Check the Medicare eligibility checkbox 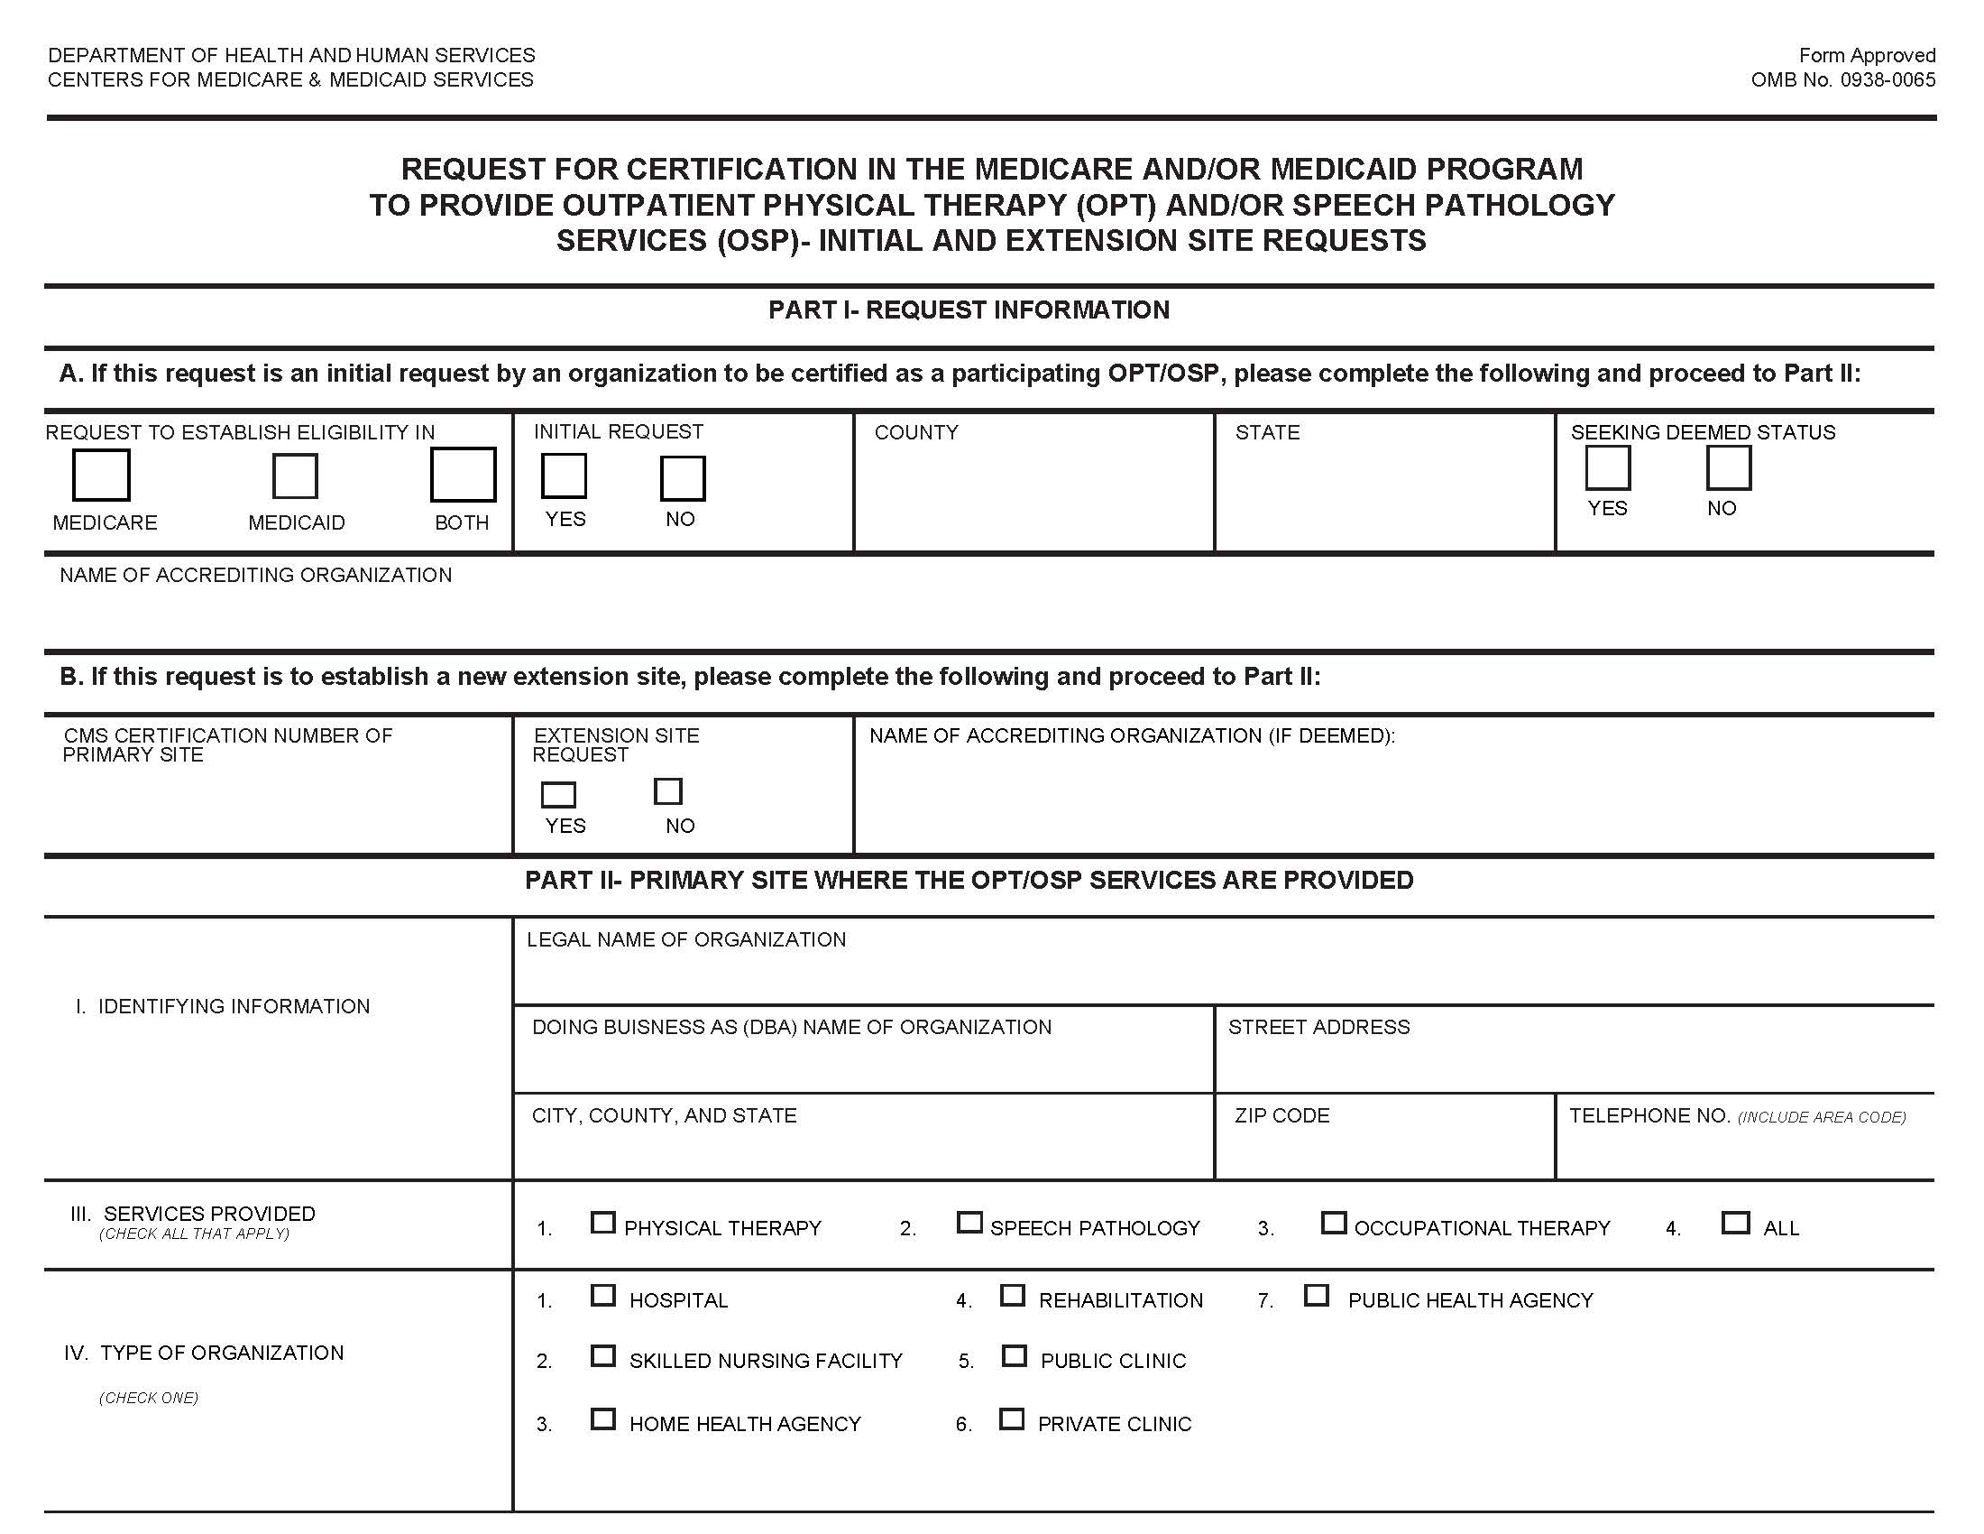pyautogui.click(x=101, y=475)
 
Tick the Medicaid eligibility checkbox pyautogui.click(x=295, y=476)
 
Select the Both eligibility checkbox pyautogui.click(x=463, y=475)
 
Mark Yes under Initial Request pyautogui.click(x=565, y=476)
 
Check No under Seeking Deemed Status pyautogui.click(x=1728, y=468)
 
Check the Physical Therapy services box pyautogui.click(x=602, y=1223)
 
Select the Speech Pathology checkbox pyautogui.click(x=969, y=1223)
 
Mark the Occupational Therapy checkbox pyautogui.click(x=1333, y=1223)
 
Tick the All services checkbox pyautogui.click(x=1735, y=1223)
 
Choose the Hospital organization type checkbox pyautogui.click(x=603, y=1295)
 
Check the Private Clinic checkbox pyautogui.click(x=1011, y=1418)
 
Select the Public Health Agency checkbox pyautogui.click(x=1317, y=1295)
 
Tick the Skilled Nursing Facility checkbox pyautogui.click(x=603, y=1356)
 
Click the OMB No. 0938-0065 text pyautogui.click(x=1842, y=80)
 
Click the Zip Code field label pyautogui.click(x=1281, y=1115)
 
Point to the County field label pyautogui.click(x=915, y=432)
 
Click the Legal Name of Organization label pyautogui.click(x=686, y=939)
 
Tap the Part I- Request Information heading pyautogui.click(x=969, y=310)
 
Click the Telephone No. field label pyautogui.click(x=1648, y=1115)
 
